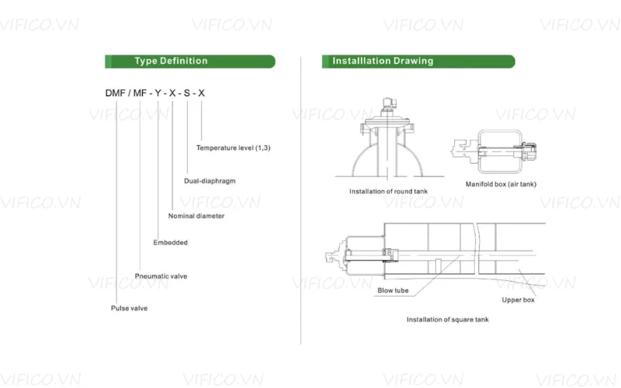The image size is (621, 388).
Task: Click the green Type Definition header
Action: (x=189, y=61)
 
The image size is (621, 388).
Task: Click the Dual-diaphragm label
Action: (x=210, y=181)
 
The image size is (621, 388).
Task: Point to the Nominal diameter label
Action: (x=196, y=216)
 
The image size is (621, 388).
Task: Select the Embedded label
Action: (x=170, y=243)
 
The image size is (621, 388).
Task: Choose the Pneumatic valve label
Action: (x=161, y=276)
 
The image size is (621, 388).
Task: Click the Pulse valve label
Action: (x=129, y=308)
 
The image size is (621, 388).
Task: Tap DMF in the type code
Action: (x=116, y=94)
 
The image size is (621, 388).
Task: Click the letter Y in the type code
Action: (x=158, y=94)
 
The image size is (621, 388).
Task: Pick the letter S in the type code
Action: (x=186, y=94)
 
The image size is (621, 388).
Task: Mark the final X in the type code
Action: (x=202, y=94)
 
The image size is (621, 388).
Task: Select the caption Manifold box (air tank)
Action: (x=501, y=184)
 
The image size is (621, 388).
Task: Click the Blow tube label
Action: (x=393, y=291)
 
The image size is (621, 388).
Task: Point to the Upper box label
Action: (x=518, y=300)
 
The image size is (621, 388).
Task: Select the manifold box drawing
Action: (x=501, y=151)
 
